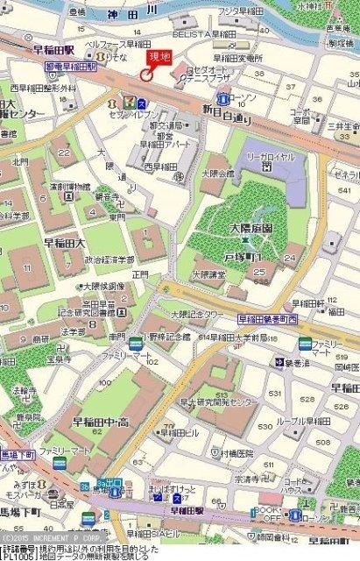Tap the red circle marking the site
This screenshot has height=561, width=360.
[x=145, y=75]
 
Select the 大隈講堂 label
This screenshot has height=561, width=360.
[x=210, y=273]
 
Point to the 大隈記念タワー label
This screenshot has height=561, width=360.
[x=198, y=313]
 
